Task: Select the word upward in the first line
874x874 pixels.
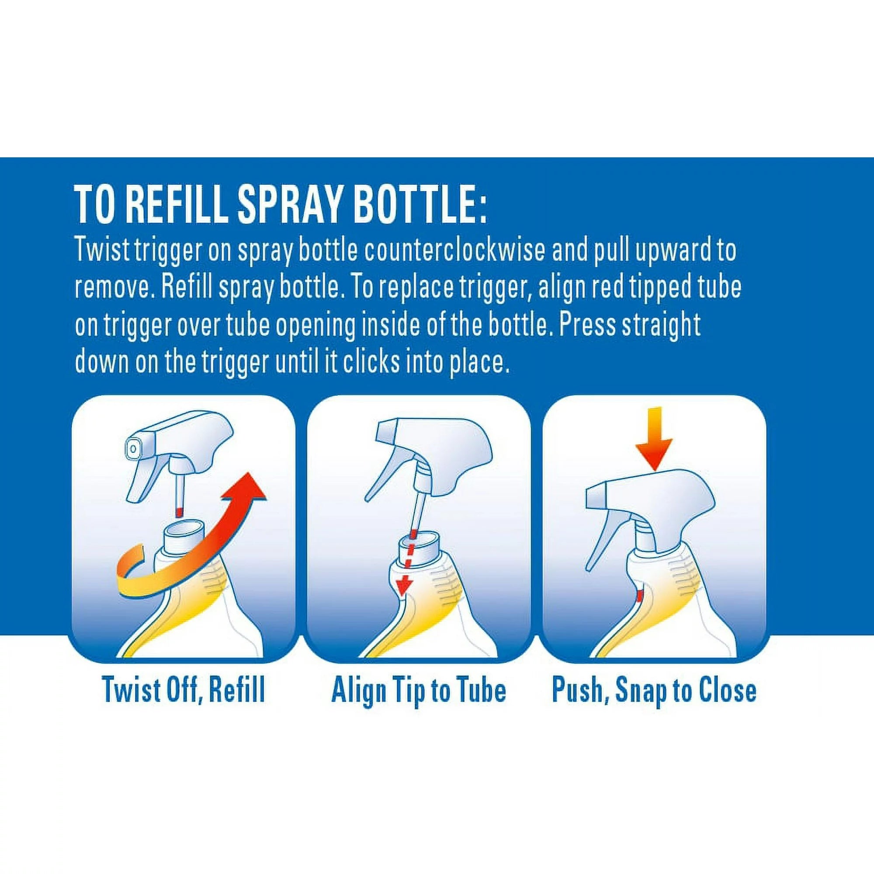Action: [x=670, y=250]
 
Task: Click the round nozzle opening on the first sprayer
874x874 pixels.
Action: [x=133, y=448]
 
